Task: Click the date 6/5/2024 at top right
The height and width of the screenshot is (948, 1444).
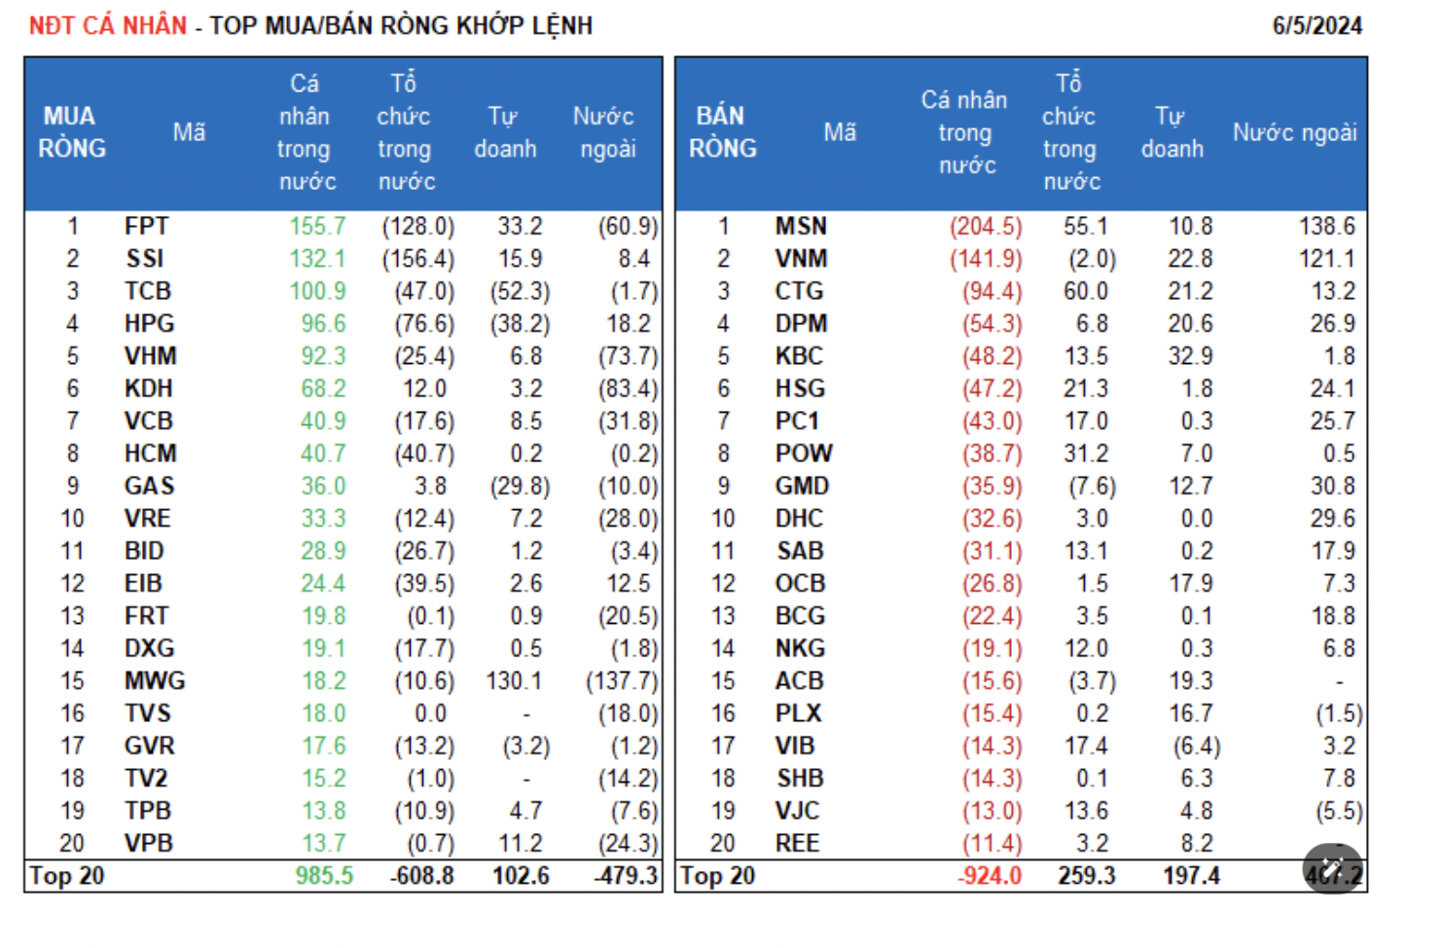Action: click(x=1317, y=26)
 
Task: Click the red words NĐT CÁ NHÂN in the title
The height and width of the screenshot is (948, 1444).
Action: click(x=107, y=25)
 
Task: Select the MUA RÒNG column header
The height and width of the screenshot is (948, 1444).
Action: click(x=71, y=132)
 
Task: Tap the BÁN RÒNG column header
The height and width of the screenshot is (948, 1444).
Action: click(x=722, y=132)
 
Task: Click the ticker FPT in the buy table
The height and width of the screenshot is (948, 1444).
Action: click(x=147, y=227)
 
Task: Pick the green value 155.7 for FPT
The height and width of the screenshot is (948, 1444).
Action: click(x=317, y=227)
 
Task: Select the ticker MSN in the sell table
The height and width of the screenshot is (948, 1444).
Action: click(x=801, y=227)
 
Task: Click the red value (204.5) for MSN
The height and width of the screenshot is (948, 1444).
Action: click(x=986, y=227)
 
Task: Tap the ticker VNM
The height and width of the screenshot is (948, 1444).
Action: click(x=801, y=259)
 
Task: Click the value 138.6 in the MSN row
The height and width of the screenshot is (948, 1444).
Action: click(x=1326, y=227)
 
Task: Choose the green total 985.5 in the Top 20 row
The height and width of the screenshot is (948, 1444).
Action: click(x=324, y=876)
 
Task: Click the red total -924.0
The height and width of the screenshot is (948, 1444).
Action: click(x=989, y=876)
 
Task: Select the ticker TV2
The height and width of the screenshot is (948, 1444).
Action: click(x=146, y=779)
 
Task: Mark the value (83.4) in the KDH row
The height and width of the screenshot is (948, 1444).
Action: click(x=629, y=389)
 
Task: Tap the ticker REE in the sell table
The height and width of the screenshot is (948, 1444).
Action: click(x=797, y=844)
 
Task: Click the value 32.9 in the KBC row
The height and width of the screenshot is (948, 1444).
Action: click(x=1190, y=356)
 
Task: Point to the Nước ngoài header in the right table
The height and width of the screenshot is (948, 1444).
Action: click(x=1294, y=132)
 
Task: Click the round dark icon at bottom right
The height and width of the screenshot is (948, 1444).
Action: click(x=1332, y=868)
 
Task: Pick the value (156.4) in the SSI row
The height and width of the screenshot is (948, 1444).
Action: click(x=418, y=259)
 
